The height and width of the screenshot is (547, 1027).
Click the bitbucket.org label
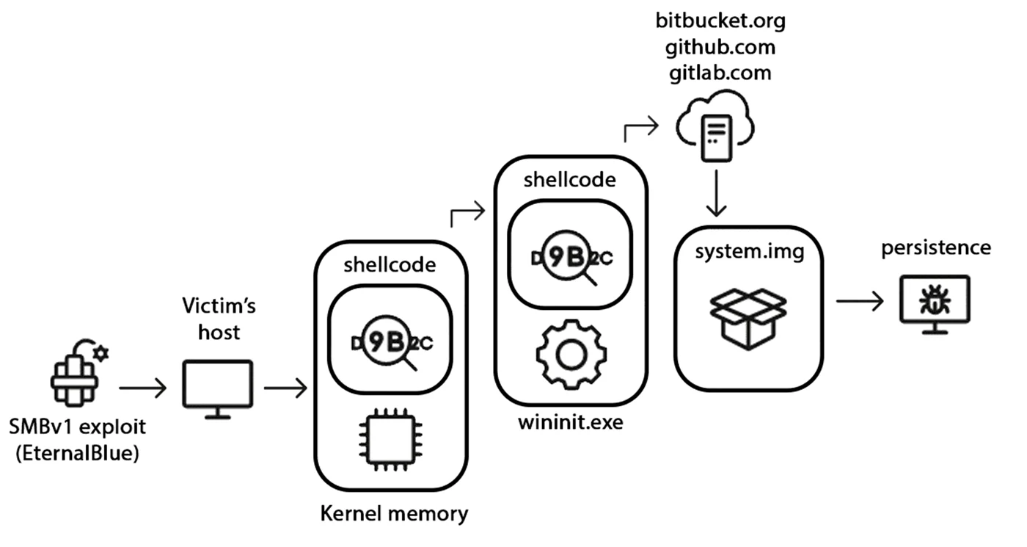pyautogui.click(x=720, y=21)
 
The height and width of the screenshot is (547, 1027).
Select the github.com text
pyautogui.click(x=720, y=47)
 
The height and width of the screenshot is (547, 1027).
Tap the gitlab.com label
pyautogui.click(x=720, y=73)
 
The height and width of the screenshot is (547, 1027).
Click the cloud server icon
pyautogui.click(x=716, y=126)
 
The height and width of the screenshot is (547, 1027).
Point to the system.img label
pyautogui.click(x=750, y=251)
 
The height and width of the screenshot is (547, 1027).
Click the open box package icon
pyautogui.click(x=748, y=319)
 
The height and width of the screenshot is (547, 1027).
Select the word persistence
pyautogui.click(x=936, y=248)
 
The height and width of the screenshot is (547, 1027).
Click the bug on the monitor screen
pyautogui.click(x=935, y=300)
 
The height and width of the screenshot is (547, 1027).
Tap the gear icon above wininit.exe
pyautogui.click(x=571, y=355)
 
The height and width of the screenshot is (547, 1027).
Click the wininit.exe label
pyautogui.click(x=571, y=422)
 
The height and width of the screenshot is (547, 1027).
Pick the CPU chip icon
pyautogui.click(x=390, y=439)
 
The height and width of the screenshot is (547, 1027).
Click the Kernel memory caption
pyautogui.click(x=395, y=513)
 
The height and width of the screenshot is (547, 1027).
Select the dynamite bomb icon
pyautogui.click(x=79, y=373)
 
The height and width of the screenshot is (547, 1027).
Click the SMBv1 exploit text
pyautogui.click(x=78, y=427)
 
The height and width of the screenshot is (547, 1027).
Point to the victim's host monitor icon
pyautogui.click(x=218, y=389)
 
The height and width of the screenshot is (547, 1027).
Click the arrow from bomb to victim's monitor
pyautogui.click(x=142, y=388)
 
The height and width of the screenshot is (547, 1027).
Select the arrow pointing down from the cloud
pyautogui.click(x=716, y=193)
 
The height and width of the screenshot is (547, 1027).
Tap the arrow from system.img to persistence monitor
pyautogui.click(x=860, y=301)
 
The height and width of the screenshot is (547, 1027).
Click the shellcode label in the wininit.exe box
pyautogui.click(x=570, y=180)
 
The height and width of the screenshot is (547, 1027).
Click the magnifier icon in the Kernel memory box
pyautogui.click(x=390, y=342)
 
